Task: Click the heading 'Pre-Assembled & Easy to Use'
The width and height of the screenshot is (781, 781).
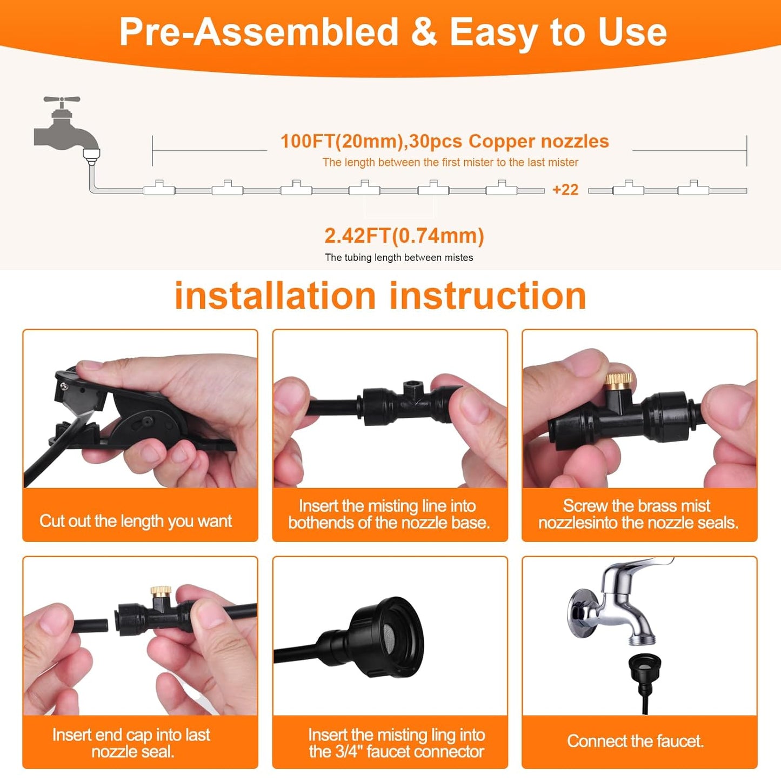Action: point(393,32)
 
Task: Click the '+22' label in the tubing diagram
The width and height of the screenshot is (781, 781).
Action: point(565,190)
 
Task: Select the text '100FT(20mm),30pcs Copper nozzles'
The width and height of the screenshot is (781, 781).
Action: point(444,141)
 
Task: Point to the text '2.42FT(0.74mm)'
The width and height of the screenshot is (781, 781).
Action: point(404,236)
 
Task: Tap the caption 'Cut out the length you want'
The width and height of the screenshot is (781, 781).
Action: point(136,521)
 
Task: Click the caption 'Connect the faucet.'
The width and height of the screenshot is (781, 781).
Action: point(635,741)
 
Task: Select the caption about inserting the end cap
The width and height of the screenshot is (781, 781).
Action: point(131,743)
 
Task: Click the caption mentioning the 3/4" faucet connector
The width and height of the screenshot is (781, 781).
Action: point(396,743)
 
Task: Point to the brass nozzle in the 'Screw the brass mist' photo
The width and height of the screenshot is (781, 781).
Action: point(618,380)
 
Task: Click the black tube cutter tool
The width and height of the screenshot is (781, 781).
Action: point(130,422)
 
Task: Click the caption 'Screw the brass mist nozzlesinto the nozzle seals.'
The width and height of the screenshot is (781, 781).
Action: point(638,514)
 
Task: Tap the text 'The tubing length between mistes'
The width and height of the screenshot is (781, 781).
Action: point(399,258)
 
